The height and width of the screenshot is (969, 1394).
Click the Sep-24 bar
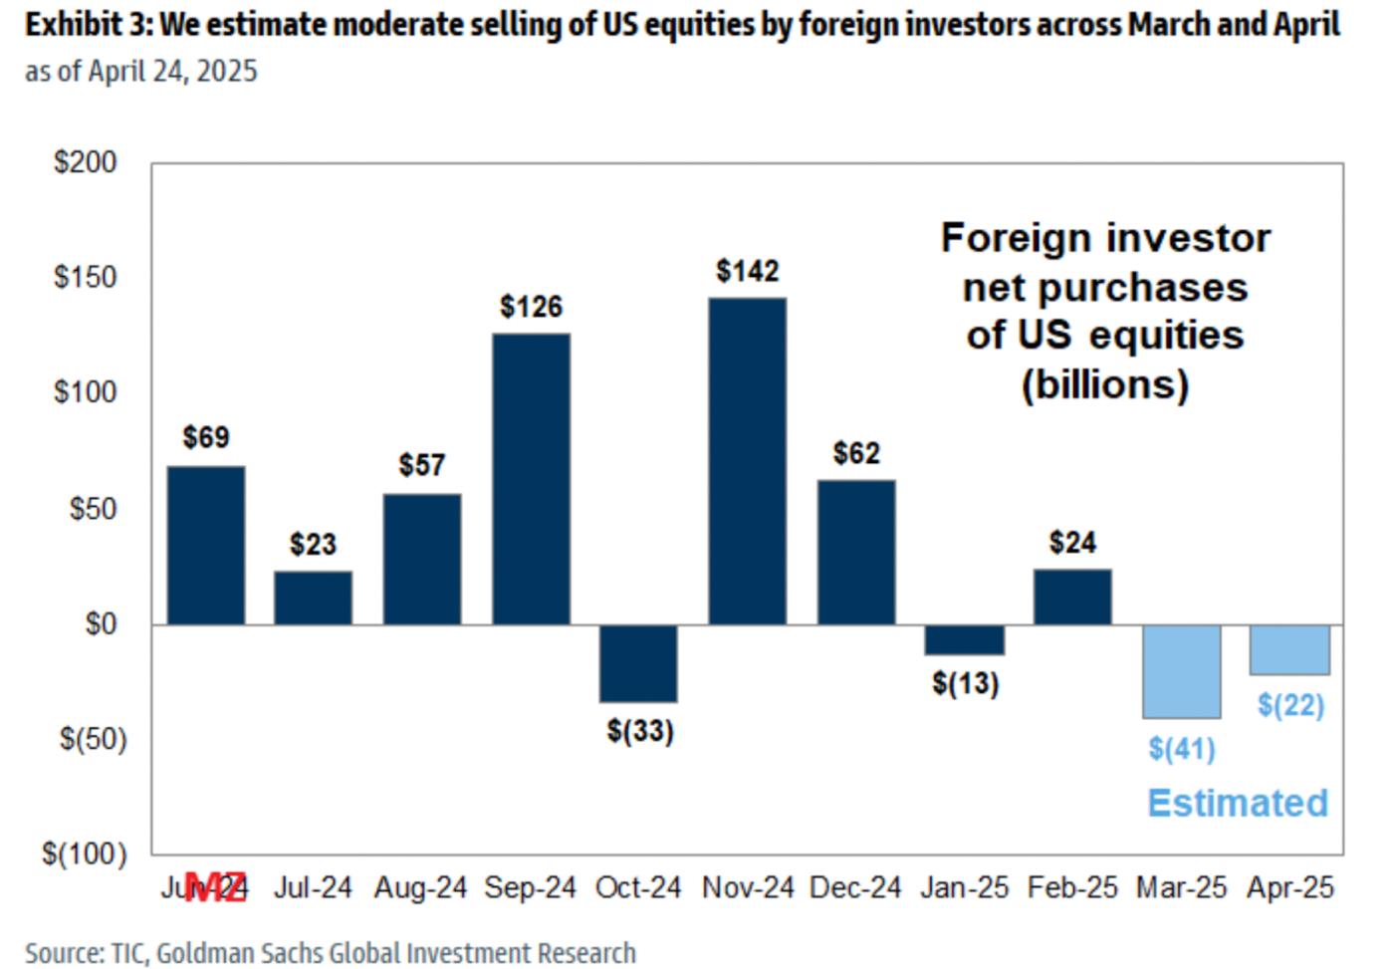tap(531, 479)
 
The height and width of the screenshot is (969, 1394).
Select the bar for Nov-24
tap(747, 461)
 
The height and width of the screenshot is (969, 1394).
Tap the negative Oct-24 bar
tap(638, 663)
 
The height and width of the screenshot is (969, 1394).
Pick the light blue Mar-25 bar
tap(1181, 671)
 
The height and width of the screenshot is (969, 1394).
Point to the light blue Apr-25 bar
tap(1289, 649)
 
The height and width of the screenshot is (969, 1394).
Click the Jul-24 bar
tap(313, 598)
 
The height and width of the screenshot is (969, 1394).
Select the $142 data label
tap(747, 271)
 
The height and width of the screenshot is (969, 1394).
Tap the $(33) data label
tap(640, 731)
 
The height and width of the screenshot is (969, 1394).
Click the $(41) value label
tap(1181, 748)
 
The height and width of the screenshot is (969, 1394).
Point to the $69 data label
tap(206, 437)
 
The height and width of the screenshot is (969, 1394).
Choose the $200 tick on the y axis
tap(86, 162)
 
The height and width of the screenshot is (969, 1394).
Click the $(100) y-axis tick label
tap(85, 853)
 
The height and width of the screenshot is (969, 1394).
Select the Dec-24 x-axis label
tap(855, 887)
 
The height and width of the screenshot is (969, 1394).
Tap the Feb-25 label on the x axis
tap(1072, 887)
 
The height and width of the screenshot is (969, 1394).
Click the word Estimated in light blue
tap(1238, 803)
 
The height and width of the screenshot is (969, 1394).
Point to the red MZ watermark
tap(216, 887)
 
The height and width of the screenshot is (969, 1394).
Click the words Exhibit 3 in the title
tap(84, 24)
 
